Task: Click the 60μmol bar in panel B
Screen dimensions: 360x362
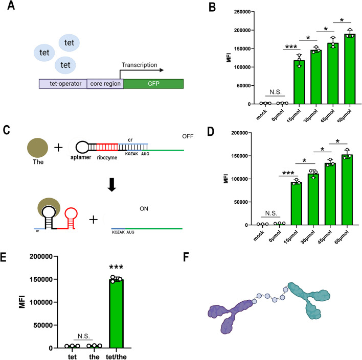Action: (350, 69)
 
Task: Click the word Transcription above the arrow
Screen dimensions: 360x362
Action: (139, 65)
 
